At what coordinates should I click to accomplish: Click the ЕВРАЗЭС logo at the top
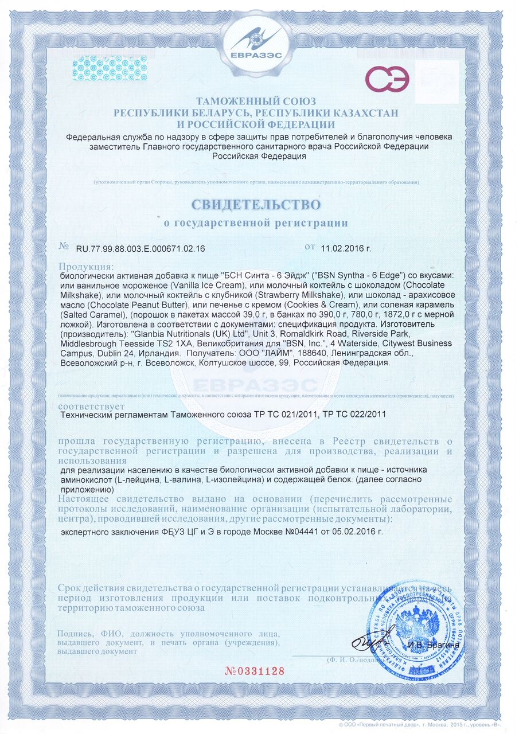coord(259,41)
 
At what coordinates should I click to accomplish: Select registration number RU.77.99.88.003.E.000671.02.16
coord(140,249)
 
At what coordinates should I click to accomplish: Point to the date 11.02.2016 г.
coord(346,249)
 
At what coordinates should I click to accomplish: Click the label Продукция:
coord(87,267)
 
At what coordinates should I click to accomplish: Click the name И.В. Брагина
coord(434,646)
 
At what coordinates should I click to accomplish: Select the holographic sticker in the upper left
coord(109,68)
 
